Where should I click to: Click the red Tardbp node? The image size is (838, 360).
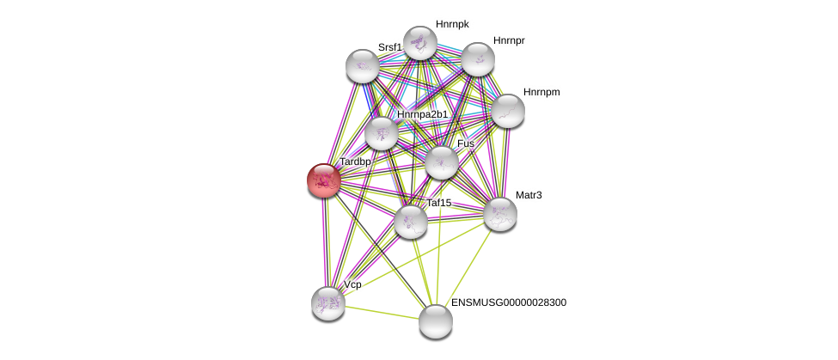point(324,180)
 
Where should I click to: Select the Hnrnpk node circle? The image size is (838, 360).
point(420,43)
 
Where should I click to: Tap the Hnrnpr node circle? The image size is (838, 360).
point(478,59)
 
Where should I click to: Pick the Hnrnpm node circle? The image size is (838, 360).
point(507,111)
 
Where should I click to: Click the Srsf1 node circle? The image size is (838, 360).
point(363,66)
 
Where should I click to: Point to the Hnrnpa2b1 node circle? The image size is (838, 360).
point(381,133)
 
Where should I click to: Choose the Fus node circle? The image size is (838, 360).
point(442,162)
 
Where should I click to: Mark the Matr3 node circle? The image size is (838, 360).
point(499,214)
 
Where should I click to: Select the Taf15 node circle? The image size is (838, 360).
point(411,222)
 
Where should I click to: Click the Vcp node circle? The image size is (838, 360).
point(328,302)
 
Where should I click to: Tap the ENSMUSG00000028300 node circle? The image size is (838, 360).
point(436,321)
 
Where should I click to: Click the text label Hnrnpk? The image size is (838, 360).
point(452,24)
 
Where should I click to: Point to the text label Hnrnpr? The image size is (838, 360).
point(509,40)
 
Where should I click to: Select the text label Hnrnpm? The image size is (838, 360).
point(541,92)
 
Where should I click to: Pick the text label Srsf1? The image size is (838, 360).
point(389,47)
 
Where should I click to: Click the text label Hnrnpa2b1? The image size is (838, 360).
point(422,114)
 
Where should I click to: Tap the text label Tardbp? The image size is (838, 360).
point(355,162)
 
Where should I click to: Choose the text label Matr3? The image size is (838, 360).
point(529,195)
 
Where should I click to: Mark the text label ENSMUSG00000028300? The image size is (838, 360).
point(509,302)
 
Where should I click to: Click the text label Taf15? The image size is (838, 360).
point(439,203)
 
